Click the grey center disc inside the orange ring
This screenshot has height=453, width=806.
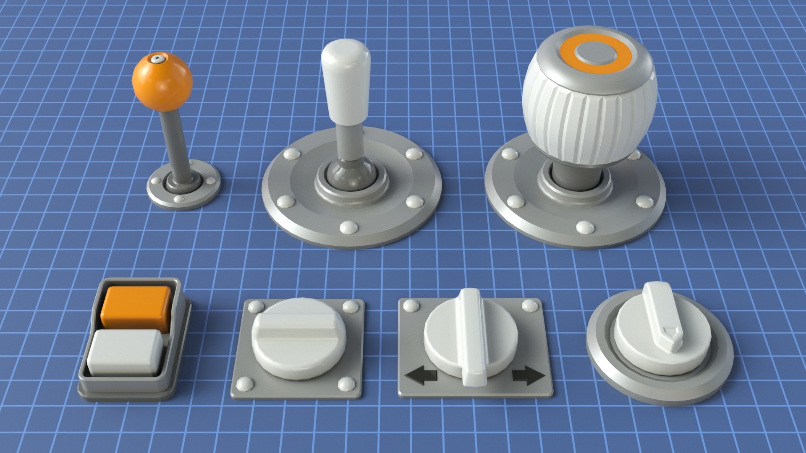coord(596,53)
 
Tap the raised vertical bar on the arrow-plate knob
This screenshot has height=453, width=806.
coord(473,336)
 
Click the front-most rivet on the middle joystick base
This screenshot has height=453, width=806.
coord(348,227)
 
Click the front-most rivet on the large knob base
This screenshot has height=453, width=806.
coord(585,227)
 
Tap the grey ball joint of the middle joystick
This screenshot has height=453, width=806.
coord(352,175)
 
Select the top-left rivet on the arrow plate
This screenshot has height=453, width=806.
coord(411,306)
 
